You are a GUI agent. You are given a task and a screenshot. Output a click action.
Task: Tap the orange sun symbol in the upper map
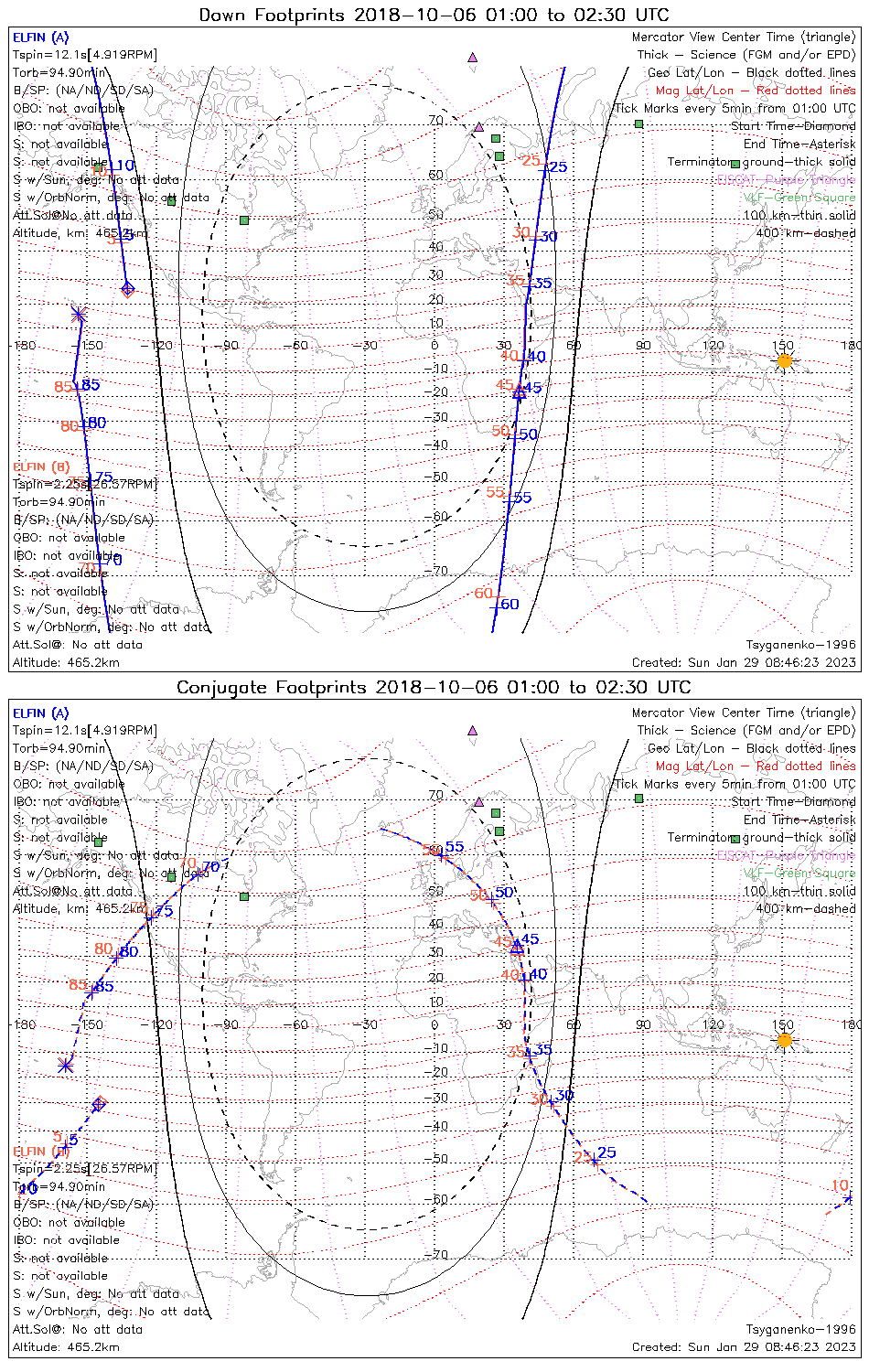coord(784,360)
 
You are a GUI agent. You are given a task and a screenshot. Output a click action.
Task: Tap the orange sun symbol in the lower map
coord(784,1040)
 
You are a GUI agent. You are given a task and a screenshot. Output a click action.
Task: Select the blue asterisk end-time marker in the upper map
coord(79,314)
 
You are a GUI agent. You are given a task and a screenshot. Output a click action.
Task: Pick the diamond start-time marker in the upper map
coord(127,290)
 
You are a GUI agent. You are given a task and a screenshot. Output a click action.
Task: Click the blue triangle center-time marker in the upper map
coord(519,392)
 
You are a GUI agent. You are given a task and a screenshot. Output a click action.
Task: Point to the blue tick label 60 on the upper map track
coord(510,605)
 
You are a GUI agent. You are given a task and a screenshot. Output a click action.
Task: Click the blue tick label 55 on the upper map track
coord(522,498)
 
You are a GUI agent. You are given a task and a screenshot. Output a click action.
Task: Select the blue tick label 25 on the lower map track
coord(606,1152)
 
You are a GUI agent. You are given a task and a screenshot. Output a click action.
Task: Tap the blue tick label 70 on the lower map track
coord(210,867)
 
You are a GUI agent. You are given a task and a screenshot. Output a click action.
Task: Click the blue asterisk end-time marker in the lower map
coord(65,1065)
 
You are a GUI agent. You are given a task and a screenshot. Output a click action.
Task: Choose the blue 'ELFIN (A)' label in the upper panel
coord(40,38)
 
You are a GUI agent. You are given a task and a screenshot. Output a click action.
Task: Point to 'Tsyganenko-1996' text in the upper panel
coord(800,645)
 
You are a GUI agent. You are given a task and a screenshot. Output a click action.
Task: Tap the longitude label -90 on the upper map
coord(227,345)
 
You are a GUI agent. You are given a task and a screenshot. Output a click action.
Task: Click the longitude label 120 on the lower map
coord(713,1024)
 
